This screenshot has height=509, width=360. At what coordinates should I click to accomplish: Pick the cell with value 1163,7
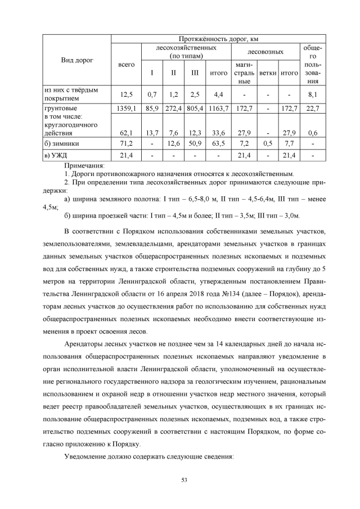(x=218, y=107)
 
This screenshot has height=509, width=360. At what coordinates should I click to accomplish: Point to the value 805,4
(x=195, y=107)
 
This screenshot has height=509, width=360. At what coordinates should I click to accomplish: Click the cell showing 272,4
(x=174, y=107)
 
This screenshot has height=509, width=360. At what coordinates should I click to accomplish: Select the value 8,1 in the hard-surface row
(x=313, y=93)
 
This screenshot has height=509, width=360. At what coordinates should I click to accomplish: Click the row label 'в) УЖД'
(x=56, y=155)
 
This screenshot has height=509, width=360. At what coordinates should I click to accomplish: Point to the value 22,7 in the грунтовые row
(x=313, y=107)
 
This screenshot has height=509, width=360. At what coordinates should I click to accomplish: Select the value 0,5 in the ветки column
(x=268, y=143)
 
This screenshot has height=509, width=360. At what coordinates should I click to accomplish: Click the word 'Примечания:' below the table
(x=84, y=165)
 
